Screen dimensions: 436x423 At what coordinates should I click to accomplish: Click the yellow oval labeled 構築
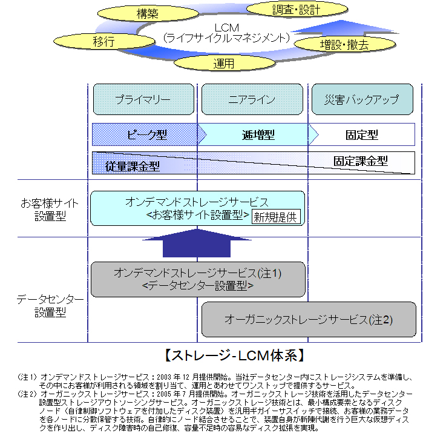(147, 13)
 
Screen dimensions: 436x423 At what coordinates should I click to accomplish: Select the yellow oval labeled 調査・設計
(296, 10)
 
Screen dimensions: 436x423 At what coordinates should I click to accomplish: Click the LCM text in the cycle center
(227, 28)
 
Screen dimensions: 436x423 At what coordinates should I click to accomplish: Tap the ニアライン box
(252, 99)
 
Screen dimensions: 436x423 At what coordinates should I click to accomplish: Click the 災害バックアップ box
(362, 99)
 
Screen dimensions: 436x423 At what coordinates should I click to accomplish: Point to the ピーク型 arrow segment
(145, 134)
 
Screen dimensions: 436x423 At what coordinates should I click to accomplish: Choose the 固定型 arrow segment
(361, 134)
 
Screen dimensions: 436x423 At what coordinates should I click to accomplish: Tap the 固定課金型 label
(361, 160)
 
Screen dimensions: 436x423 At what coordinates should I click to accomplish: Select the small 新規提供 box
(275, 217)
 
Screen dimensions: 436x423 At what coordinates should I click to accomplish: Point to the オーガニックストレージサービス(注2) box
(308, 319)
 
